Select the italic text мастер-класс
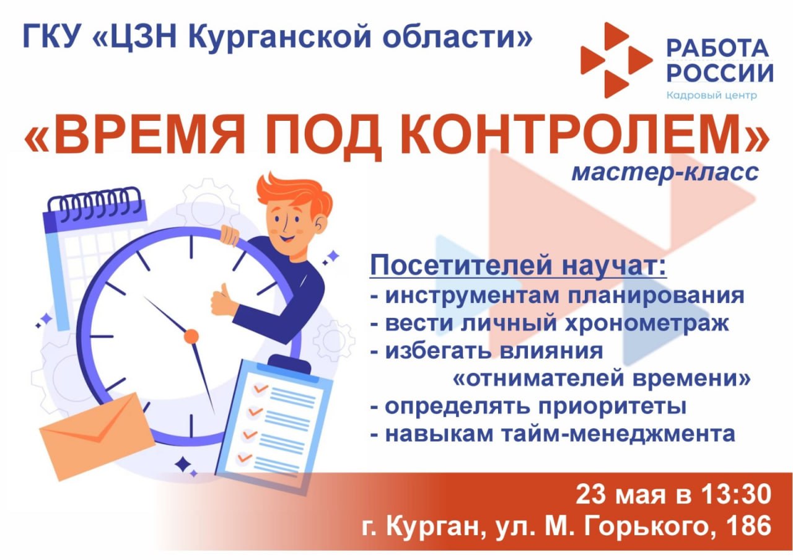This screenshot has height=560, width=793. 665,172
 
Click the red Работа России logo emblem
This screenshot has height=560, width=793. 616,60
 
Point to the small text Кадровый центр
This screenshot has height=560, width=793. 712,95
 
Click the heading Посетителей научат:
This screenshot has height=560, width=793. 519,266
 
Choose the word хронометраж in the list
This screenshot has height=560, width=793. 647,323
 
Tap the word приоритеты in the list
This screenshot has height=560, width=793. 613,406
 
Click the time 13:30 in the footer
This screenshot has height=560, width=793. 735,494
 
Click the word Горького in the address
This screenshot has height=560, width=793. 651,526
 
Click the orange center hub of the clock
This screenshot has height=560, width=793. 191,336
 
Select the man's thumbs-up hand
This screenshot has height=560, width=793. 224,301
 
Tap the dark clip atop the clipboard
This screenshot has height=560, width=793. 289,363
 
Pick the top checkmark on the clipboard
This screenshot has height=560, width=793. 261,388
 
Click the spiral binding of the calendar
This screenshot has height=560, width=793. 95,204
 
